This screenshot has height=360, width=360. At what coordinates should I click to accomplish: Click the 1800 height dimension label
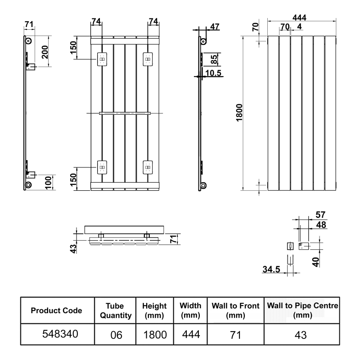click(x=239, y=112)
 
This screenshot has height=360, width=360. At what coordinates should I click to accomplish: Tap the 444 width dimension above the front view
click(x=299, y=18)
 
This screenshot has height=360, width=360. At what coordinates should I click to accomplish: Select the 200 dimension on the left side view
click(x=45, y=52)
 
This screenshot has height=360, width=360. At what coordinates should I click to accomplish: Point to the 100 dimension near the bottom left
click(x=48, y=183)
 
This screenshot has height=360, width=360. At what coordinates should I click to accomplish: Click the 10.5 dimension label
click(x=213, y=73)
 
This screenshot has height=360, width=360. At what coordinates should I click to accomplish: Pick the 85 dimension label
click(x=213, y=59)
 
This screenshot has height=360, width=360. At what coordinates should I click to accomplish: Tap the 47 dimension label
click(x=215, y=27)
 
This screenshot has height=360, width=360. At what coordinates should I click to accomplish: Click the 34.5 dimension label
click(x=271, y=269)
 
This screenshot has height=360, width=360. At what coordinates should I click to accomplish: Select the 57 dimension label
click(x=320, y=215)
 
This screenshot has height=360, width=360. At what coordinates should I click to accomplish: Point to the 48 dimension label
click(x=321, y=225)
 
